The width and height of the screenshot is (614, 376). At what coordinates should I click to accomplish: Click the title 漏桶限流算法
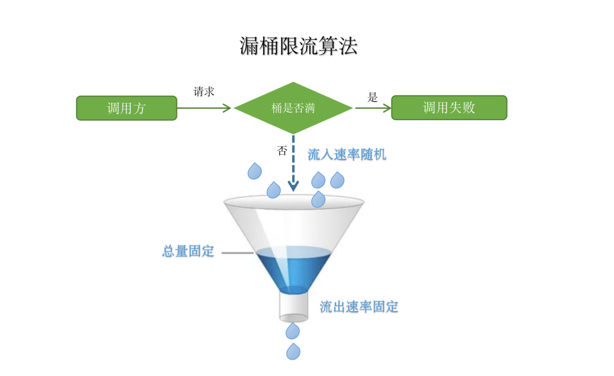click(298, 47)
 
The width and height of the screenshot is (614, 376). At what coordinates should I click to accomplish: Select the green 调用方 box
click(127, 108)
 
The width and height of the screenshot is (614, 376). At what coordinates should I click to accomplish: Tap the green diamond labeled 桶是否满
click(293, 108)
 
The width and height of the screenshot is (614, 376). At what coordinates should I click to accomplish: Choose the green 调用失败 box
click(449, 108)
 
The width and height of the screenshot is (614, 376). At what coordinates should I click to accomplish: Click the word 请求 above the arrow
click(204, 92)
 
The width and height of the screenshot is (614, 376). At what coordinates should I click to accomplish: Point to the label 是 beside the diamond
click(372, 97)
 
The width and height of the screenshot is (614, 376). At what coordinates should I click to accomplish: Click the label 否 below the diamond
click(282, 151)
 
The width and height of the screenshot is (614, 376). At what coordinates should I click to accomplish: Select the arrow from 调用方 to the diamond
click(205, 108)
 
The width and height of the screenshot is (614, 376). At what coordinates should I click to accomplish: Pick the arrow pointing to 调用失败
click(372, 108)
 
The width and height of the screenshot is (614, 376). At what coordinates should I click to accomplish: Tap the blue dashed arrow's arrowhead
click(293, 185)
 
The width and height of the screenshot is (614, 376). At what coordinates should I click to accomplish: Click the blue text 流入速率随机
click(347, 154)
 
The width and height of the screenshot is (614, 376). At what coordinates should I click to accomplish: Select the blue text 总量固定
click(188, 251)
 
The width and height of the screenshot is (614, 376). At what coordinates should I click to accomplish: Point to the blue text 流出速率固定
click(359, 307)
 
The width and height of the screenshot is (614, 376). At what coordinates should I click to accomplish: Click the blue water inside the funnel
click(293, 270)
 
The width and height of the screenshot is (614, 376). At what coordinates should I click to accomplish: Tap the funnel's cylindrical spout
click(293, 307)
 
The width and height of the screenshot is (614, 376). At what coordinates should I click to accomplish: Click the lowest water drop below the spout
click(293, 352)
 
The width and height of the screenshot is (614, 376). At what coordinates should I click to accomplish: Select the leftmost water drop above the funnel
click(255, 171)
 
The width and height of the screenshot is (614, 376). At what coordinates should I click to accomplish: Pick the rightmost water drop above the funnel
click(337, 180)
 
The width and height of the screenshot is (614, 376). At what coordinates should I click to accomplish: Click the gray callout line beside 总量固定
click(237, 252)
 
